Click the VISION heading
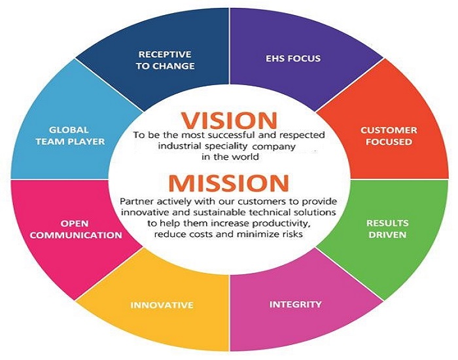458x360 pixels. pyautogui.click(x=229, y=120)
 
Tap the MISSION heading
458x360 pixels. pyautogui.click(x=229, y=183)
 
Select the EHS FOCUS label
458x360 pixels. pyautogui.click(x=293, y=58)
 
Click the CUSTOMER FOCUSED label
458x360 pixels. pyautogui.click(x=389, y=136)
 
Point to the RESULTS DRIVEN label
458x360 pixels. pyautogui.click(x=387, y=229)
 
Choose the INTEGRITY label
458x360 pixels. pyautogui.click(x=295, y=304)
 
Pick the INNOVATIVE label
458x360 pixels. pyautogui.click(x=162, y=305)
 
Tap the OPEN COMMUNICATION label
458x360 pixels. pyautogui.click(x=76, y=229)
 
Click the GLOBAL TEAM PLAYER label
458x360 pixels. pyautogui.click(x=70, y=135)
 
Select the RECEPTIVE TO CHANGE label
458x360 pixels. pyautogui.click(x=165, y=60)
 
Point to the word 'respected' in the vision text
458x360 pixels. pyautogui.click(x=302, y=135)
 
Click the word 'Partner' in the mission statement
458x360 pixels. pyautogui.click(x=137, y=202)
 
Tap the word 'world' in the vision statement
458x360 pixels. pyautogui.click(x=245, y=157)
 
